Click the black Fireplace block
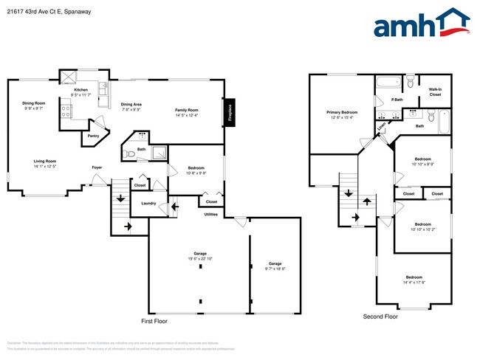pos(230,113)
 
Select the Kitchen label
pos(80,89)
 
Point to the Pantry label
pos(93,136)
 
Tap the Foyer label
pos(97,167)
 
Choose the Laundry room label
pos(148,203)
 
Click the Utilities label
pos(211,214)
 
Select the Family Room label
pos(188,109)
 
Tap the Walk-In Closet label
pos(435,92)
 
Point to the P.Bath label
pos(397,100)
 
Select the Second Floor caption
pos(380,316)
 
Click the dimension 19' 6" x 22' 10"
pos(199,259)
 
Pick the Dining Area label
pos(131,104)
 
